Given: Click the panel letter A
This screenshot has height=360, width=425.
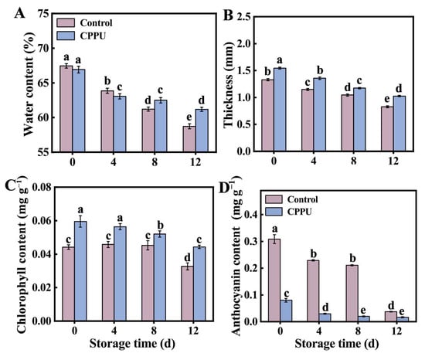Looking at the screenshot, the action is [x=19, y=13].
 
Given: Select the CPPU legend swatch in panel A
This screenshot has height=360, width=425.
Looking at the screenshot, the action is [x=66, y=36].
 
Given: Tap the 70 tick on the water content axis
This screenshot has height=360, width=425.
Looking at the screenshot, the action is [x=44, y=49].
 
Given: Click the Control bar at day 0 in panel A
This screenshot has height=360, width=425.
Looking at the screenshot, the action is [x=66, y=109].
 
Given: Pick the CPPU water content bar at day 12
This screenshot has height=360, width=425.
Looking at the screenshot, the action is [x=202, y=131].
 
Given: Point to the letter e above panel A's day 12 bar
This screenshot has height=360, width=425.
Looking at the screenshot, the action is [x=189, y=117].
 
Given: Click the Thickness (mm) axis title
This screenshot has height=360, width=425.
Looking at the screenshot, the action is [x=228, y=84].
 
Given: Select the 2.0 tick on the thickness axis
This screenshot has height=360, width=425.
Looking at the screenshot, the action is [x=243, y=43].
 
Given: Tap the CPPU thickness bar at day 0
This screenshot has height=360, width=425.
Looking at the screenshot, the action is [x=280, y=110].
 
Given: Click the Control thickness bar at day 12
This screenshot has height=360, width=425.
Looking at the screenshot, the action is [x=387, y=129].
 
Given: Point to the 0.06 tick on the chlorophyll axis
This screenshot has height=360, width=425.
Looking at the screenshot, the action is [x=42, y=221].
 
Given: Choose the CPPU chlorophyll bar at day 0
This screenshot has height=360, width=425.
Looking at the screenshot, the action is [x=80, y=271].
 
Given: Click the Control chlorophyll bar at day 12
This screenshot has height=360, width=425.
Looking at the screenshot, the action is [x=187, y=294].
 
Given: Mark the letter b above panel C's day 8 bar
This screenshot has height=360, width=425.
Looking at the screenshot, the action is [x=160, y=226].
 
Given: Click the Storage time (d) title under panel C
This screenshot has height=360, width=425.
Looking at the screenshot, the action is [x=132, y=344].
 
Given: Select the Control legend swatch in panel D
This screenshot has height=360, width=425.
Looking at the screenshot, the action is [x=274, y=199].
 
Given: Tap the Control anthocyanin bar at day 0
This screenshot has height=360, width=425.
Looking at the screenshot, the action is [x=274, y=280].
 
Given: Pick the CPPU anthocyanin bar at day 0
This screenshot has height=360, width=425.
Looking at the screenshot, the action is [x=286, y=311].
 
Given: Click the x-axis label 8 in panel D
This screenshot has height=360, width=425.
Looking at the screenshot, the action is [x=358, y=331].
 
